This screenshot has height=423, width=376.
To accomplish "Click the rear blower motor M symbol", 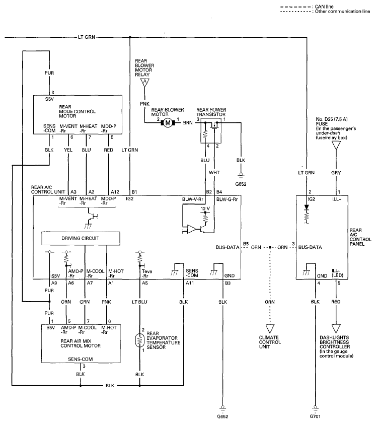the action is coord(168,123).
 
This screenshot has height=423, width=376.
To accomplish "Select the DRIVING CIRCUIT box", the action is coord(81,239).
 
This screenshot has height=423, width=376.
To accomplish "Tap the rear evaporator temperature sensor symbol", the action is coord(140,340).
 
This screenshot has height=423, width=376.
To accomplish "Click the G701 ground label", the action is coord(315,416).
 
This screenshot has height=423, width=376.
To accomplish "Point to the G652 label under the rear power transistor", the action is coord(241,184).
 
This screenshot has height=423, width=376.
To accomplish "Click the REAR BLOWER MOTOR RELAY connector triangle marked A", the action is coord(144,82).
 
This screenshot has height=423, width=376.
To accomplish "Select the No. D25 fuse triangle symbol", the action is coord(336,146).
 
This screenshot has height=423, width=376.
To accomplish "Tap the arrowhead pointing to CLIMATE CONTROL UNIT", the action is coord(270,328).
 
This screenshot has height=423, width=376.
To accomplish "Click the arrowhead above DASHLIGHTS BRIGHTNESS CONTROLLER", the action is coord(336,328).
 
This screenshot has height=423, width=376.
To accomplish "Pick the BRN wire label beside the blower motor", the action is coord(188,123).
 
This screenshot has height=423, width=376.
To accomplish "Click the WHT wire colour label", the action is coord(214,172).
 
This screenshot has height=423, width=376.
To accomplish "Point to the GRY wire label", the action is coord(336,173).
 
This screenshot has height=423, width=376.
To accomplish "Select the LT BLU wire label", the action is coord(140,302).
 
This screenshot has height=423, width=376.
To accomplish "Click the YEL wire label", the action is coord(68,150).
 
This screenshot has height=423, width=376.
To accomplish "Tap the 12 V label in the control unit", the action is coord(205,209).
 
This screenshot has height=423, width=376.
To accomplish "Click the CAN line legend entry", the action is coord(307,7).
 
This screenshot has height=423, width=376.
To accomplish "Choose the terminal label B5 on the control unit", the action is coord(246,244).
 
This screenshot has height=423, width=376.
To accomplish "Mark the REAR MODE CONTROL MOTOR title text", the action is coord(78,111).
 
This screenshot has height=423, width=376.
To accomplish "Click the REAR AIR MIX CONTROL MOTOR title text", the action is coord(81,343).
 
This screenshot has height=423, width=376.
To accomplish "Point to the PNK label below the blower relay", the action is coord(144,104).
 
